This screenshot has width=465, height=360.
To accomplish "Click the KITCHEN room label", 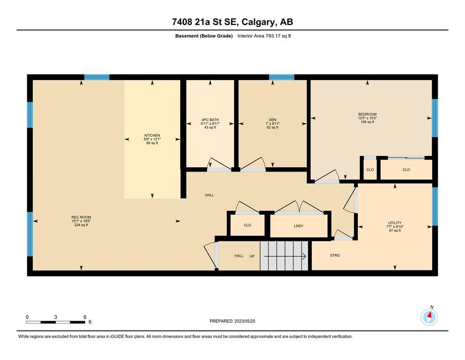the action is coord(152,135).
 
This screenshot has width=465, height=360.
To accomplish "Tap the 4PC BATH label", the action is coord(210,120).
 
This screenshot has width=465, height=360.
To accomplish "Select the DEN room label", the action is coord(273,120).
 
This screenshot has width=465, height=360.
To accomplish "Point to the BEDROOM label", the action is coord(367,114).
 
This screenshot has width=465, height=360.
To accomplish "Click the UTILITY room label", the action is coord(395,223).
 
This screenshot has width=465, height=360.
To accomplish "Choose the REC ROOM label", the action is coord(81,217).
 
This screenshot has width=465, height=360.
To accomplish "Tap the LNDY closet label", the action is coord(299,226).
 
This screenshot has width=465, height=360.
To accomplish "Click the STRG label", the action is coord(335,255).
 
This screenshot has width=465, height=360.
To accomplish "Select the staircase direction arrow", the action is coord(285,256).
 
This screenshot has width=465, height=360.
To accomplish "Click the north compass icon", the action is coord(429,317).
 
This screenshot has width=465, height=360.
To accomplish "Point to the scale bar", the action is coord(55,322).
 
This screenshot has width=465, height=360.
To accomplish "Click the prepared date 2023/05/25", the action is coord(244,321).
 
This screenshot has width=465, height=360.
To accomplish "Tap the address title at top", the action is coord(232,22).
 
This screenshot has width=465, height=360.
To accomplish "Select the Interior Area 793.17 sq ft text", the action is coord(264,36).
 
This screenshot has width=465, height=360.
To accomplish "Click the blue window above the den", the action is coord(281,77).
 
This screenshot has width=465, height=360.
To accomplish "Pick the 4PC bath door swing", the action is coord(219,164).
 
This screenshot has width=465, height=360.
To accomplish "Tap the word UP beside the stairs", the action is coord(252,256).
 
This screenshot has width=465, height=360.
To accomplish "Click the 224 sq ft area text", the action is coord(81,225).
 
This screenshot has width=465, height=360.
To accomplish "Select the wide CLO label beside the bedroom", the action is coord(406,170).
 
